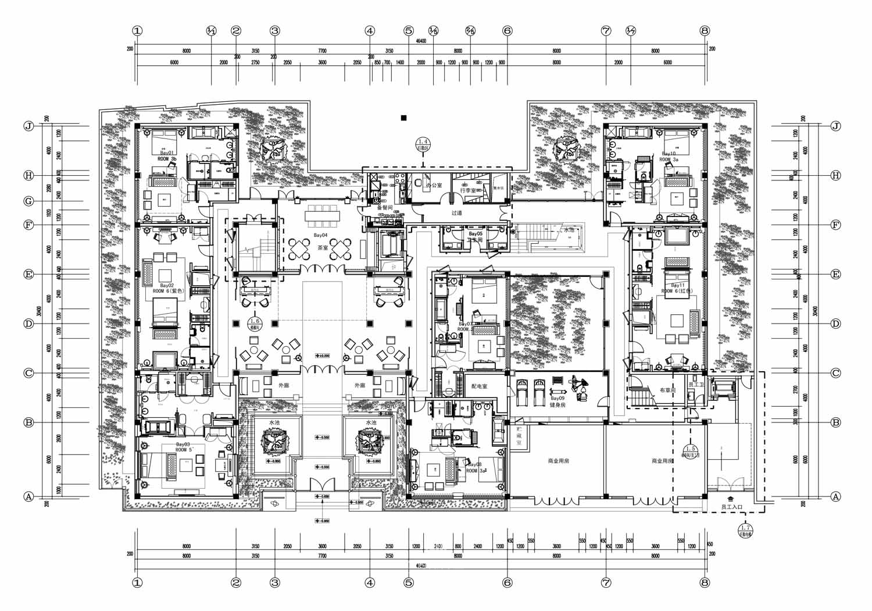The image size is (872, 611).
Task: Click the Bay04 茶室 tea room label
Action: pyautogui.click(x=321, y=240)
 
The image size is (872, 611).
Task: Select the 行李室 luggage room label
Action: pyautogui.click(x=468, y=190)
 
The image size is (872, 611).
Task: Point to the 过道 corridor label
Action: pyautogui.click(x=458, y=214)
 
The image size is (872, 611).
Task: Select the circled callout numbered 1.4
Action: pyautogui.click(x=423, y=143)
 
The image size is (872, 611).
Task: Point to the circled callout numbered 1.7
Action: pyautogui.click(x=745, y=531)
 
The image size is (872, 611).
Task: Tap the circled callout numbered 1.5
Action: pyautogui.click(x=690, y=450)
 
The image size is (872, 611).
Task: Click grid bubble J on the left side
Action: pyautogui.click(x=28, y=126)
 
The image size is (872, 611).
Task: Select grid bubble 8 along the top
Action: pyautogui.click(x=705, y=31)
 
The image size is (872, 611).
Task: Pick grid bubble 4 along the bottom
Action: pyautogui.click(x=370, y=582)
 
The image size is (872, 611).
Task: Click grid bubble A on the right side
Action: pyautogui.click(x=835, y=496)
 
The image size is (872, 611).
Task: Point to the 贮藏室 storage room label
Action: pyautogui.click(x=517, y=436)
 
